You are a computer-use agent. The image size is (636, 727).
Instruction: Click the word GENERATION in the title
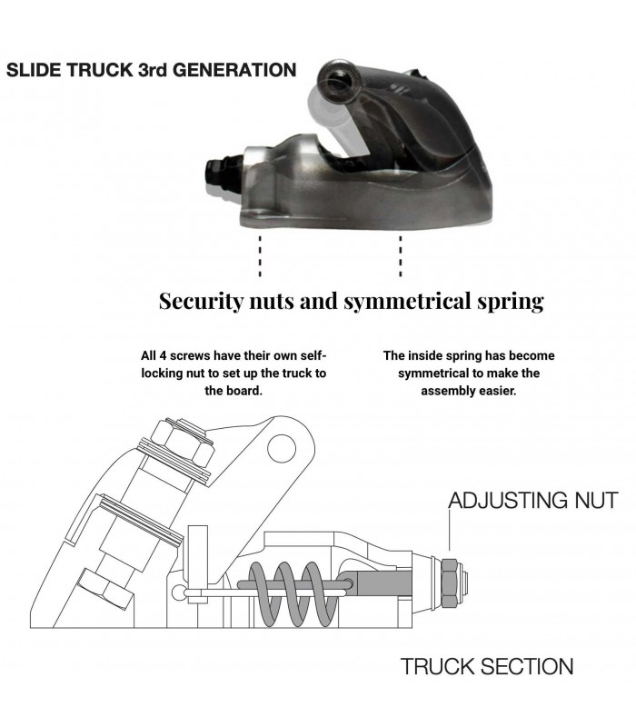point(234,70)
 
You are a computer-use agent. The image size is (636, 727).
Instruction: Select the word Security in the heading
point(201,302)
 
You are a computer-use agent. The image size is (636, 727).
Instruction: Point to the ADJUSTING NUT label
point(533,501)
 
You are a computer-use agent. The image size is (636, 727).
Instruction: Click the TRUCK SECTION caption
point(487,666)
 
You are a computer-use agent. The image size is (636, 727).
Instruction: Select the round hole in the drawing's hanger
point(282,449)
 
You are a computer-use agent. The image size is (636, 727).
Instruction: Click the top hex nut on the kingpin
point(183,443)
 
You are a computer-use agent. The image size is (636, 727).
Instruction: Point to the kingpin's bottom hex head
point(104,589)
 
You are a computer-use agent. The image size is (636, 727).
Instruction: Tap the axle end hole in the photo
point(334,84)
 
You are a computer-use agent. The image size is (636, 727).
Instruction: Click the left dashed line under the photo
point(260,256)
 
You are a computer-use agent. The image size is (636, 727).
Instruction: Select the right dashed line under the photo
point(401,256)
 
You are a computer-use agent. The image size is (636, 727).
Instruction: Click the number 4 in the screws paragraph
point(163,356)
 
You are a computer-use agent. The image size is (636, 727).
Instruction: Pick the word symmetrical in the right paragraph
point(433,373)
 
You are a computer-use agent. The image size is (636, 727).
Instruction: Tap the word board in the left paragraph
point(246,391)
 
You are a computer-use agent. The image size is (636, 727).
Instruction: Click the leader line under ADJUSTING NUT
point(449,530)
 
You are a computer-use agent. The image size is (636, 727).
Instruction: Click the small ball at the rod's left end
point(178,593)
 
